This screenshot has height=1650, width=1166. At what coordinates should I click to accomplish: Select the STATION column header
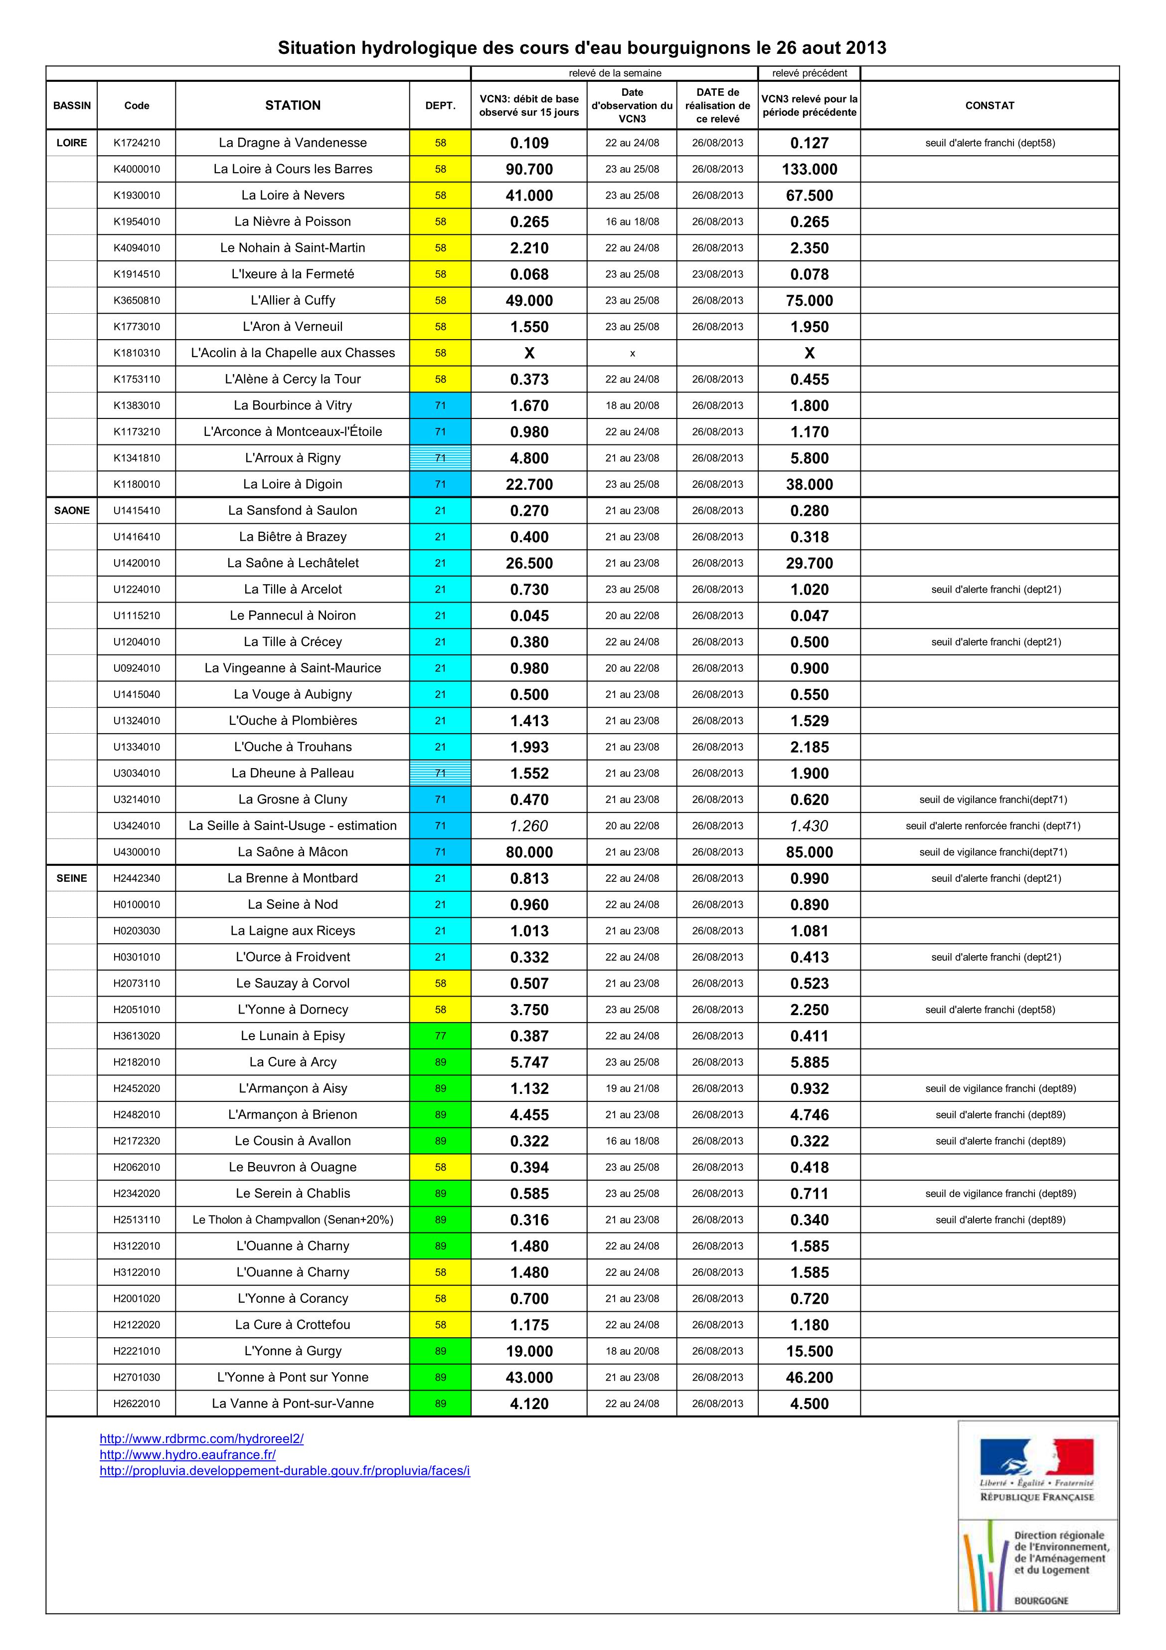pyautogui.click(x=293, y=106)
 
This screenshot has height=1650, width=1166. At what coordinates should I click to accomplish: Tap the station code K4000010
pyautogui.click(x=137, y=169)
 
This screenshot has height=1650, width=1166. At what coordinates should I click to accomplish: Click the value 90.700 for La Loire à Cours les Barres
pyautogui.click(x=529, y=170)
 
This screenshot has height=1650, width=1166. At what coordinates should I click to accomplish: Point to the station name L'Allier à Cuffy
pyautogui.click(x=293, y=300)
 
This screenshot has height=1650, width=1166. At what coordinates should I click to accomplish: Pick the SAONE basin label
pyautogui.click(x=72, y=510)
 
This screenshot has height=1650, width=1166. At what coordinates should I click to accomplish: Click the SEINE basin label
pyautogui.click(x=72, y=878)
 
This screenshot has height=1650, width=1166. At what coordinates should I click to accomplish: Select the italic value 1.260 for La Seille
pyautogui.click(x=529, y=825)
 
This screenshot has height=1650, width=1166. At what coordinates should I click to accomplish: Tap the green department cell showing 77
pyautogui.click(x=440, y=1035)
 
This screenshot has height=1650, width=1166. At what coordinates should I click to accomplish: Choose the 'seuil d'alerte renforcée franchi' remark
pyautogui.click(x=993, y=825)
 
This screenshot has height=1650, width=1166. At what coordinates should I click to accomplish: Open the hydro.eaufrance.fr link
pyautogui.click(x=187, y=1454)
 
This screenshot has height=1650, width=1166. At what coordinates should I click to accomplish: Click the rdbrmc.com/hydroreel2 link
pyautogui.click(x=201, y=1439)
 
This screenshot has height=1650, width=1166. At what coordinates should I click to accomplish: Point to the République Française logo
pyautogui.click(x=1037, y=1469)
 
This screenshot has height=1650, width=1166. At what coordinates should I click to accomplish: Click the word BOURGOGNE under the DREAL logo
pyautogui.click(x=1041, y=1601)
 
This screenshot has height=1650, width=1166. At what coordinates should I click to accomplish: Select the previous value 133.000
pyautogui.click(x=809, y=170)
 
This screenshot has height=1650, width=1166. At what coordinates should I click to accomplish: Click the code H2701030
pyautogui.click(x=137, y=1377)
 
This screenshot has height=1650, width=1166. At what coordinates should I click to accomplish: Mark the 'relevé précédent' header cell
pyautogui.click(x=809, y=73)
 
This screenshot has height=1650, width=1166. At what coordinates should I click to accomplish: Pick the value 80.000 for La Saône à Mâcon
pyautogui.click(x=529, y=852)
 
